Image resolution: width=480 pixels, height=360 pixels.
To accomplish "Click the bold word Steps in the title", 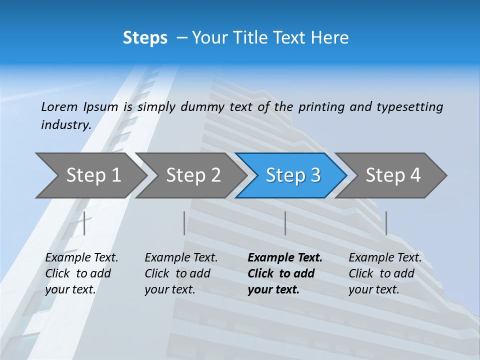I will [145, 38].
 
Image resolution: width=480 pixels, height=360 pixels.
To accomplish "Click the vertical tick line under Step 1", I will [84, 223].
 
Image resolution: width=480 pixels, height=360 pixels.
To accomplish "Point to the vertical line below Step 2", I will [184, 223].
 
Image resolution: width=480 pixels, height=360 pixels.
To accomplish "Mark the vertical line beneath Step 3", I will [285, 223].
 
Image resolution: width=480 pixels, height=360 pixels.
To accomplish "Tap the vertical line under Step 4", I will [386, 223].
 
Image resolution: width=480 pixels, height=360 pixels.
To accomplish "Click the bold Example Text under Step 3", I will [285, 258].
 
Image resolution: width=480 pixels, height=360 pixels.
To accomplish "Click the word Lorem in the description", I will [59, 106].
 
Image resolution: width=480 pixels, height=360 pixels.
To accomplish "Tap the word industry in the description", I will [66, 124].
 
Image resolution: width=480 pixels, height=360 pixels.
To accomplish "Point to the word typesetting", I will [409, 107].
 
